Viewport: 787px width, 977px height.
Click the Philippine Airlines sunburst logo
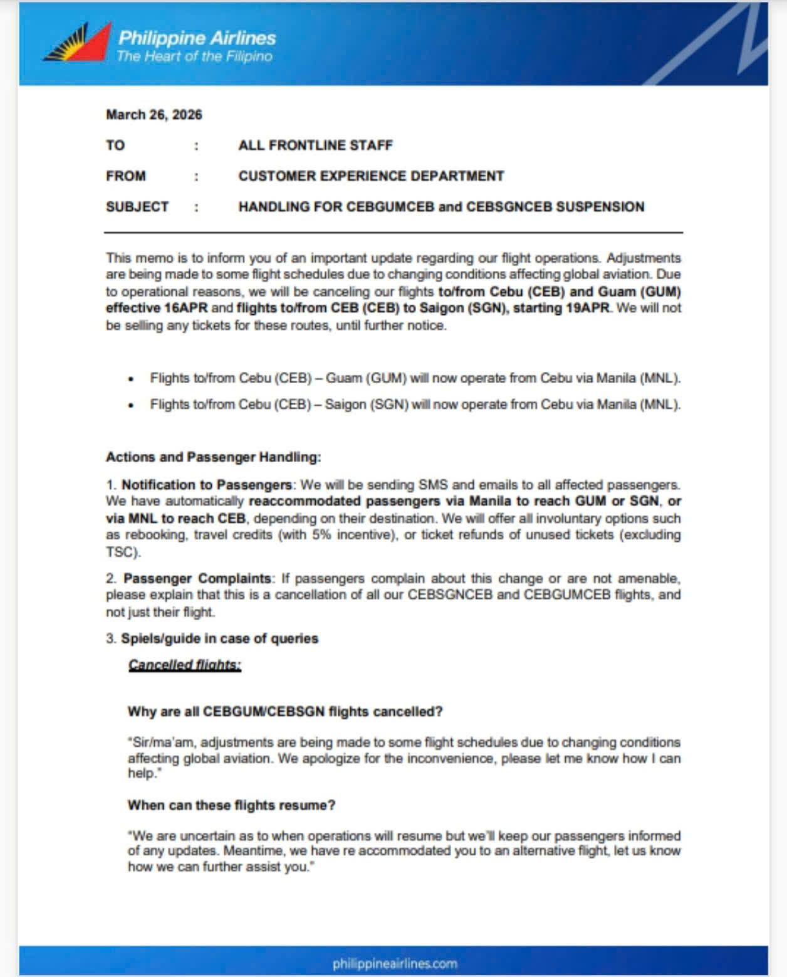pyautogui.click(x=78, y=43)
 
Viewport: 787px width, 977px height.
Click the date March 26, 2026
pyautogui.click(x=154, y=115)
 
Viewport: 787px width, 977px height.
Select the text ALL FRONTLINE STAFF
pyautogui.click(x=315, y=145)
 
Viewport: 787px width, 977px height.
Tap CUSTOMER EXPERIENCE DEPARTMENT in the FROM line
pyautogui.click(x=371, y=176)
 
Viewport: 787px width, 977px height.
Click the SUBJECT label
pyautogui.click(x=137, y=207)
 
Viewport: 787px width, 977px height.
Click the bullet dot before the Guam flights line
pyautogui.click(x=131, y=379)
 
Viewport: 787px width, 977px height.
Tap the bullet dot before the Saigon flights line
pyautogui.click(x=131, y=406)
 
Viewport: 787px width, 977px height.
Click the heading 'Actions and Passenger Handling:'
pyautogui.click(x=213, y=457)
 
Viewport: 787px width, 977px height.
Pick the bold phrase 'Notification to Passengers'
pyautogui.click(x=206, y=485)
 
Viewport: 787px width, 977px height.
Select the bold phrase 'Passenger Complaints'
pyautogui.click(x=197, y=578)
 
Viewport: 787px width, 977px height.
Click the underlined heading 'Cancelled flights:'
pyautogui.click(x=185, y=665)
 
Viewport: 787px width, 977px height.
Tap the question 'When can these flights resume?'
pyautogui.click(x=231, y=805)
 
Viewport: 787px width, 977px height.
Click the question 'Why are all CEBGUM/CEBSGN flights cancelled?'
pyautogui.click(x=285, y=712)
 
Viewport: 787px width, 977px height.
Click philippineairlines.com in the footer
pyautogui.click(x=395, y=963)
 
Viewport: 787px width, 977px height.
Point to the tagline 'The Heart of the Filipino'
pyautogui.click(x=194, y=56)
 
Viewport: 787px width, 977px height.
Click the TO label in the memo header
pyautogui.click(x=115, y=145)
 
